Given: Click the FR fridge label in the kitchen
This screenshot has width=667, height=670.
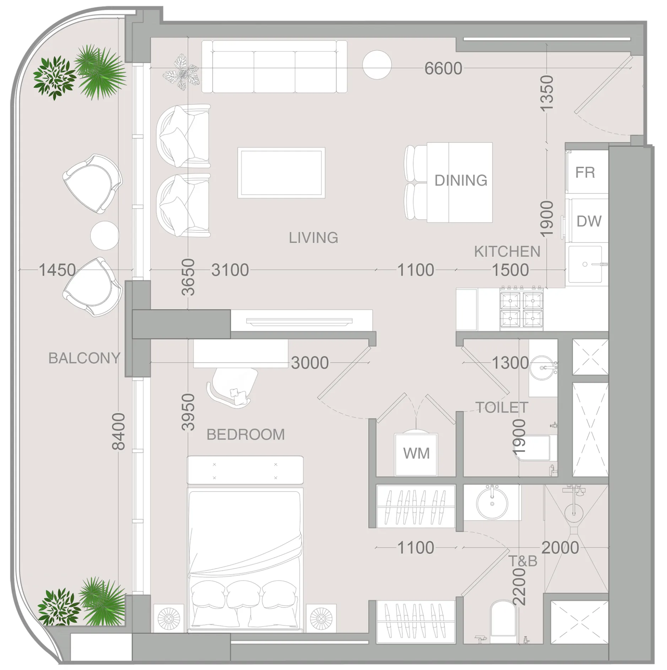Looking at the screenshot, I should point(585,173).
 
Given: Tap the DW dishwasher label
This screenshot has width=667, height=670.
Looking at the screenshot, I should point(589,221).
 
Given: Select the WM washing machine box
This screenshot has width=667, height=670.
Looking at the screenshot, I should point(416,454).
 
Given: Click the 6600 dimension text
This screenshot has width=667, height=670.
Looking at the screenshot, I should point(443,68).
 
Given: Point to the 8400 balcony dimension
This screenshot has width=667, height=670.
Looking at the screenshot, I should point(119,431).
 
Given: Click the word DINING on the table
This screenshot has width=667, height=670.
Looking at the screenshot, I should point(460,181).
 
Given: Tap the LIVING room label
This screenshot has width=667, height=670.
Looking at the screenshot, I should point(313,238).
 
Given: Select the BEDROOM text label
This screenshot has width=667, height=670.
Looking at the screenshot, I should point(245,435).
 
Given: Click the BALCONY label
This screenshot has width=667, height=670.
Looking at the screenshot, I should point(84,358).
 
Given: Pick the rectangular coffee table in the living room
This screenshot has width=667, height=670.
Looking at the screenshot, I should point(281,173).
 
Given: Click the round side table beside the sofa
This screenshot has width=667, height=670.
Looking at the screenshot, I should point(376,65).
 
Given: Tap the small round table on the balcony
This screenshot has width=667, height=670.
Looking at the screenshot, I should point(104,235).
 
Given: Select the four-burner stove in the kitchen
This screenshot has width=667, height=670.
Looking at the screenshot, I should point(521,309).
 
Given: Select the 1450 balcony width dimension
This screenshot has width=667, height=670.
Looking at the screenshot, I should point(57,270).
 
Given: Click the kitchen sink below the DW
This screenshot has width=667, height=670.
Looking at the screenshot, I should point(585,264).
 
